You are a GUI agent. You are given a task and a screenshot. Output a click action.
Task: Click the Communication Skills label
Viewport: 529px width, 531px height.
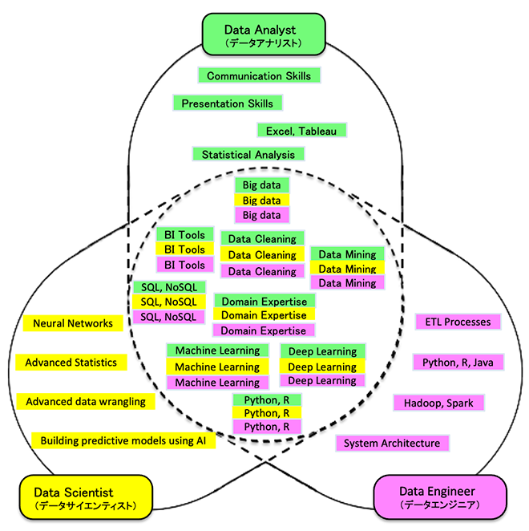point(260,75)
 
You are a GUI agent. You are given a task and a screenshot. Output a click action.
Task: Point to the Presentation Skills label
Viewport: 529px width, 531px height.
point(228,103)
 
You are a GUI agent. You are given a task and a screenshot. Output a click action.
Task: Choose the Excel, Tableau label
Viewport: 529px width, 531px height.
point(301,130)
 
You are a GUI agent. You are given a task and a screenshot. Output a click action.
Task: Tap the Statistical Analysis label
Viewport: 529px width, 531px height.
point(248,154)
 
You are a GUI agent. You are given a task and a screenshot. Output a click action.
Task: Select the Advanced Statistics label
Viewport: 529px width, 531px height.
point(71,363)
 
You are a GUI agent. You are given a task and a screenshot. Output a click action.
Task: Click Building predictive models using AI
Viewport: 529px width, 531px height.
point(123,440)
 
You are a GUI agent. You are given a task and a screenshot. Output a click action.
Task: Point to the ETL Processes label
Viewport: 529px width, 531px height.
point(458,322)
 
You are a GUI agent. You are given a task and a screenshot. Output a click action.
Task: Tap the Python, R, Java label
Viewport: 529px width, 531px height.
point(458,363)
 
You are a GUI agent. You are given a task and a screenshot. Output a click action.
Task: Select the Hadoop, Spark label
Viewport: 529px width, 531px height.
point(438,402)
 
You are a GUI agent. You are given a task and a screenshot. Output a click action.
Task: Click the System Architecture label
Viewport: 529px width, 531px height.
point(392,443)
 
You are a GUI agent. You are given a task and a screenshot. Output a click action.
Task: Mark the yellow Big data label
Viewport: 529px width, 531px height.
point(262,201)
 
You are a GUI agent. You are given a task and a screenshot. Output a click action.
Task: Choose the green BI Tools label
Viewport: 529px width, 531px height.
point(184,235)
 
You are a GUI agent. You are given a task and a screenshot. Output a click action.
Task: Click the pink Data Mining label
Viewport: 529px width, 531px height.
point(347,283)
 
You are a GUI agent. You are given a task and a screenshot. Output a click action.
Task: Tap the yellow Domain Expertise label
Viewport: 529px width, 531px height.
point(264,315)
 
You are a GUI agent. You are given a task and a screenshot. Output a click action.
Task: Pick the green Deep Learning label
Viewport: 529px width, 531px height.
point(322,351)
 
